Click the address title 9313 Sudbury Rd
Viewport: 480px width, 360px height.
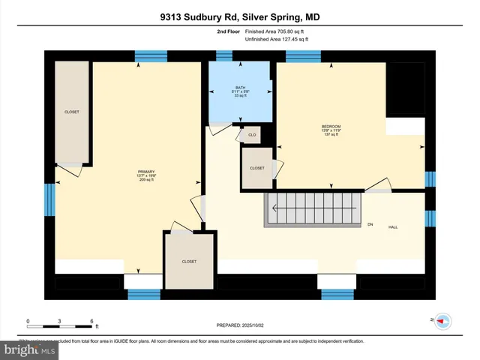(x=239, y=17)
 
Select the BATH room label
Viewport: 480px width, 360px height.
(x=240, y=91)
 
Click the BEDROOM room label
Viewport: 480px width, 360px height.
(x=331, y=130)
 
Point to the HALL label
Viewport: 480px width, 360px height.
(x=392, y=226)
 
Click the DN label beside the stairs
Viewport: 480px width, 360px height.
(x=370, y=223)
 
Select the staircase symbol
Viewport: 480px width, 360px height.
(x=312, y=207)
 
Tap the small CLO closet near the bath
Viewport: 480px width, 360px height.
(x=252, y=135)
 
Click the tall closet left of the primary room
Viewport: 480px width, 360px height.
(x=72, y=112)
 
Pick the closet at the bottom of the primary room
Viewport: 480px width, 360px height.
(x=189, y=261)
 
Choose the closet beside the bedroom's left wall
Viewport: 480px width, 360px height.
(x=256, y=169)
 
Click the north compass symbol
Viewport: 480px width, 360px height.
(x=442, y=320)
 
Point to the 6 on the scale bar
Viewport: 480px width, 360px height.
(x=91, y=321)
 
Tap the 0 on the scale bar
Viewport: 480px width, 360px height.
(x=28, y=321)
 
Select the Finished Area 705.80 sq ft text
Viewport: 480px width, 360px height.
(x=271, y=32)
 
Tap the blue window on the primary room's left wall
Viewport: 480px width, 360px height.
(x=50, y=200)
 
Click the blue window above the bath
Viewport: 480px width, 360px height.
(x=224, y=55)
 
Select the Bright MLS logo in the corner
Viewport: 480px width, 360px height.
(x=28, y=350)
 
